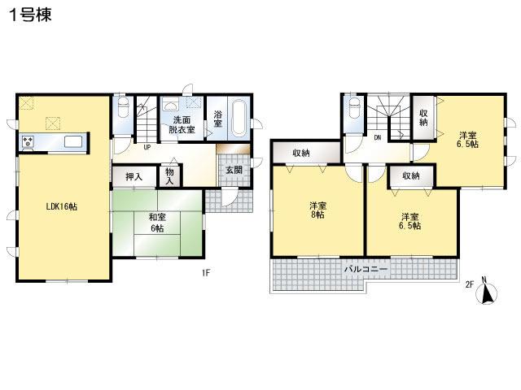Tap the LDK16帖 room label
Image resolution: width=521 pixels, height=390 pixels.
click(61, 206)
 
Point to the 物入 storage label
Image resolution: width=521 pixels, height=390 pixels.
click(169, 176)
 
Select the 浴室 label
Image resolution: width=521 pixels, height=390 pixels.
click(218, 119)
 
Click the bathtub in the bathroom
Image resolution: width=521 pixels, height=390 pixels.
click(240, 119)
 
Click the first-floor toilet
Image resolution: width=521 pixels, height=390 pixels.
click(122, 110)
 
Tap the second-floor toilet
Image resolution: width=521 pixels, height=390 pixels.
click(352, 110)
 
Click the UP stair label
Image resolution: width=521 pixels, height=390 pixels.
click(147, 147)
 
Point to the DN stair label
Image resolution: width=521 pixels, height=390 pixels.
click(378, 138)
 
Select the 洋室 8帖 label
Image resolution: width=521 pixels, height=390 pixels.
click(317, 210)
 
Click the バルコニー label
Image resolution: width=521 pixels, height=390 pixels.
click(365, 267)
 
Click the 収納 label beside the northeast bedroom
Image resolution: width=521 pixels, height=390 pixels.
click(423, 117)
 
